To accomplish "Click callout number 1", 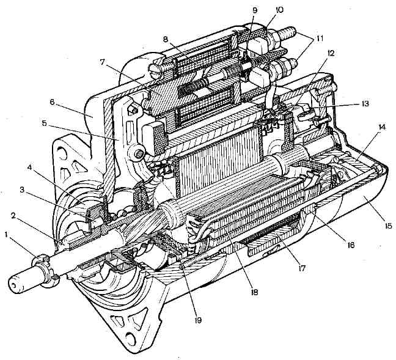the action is point(7,235).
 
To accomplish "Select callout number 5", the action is point(45,124).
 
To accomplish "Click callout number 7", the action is point(102,62).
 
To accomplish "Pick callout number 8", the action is point(166,39).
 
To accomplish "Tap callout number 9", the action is point(255,10).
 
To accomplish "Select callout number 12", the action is point(331,53).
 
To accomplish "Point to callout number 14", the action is point(382,127).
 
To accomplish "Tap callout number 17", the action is point(301,268).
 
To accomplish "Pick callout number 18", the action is point(254,292).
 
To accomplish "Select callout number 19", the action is point(198,320).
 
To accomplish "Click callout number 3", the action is point(22,189).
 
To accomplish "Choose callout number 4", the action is point(29,167).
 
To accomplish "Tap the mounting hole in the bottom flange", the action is point(130,338).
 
